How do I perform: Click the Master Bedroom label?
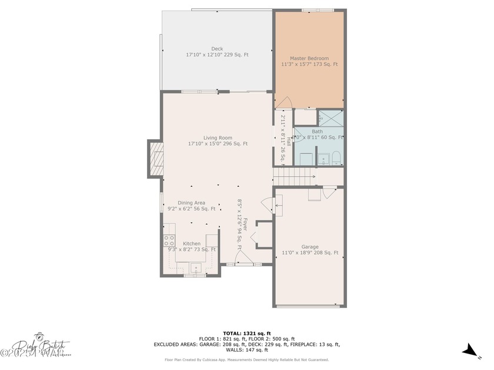[309, 61]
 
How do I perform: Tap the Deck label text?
[217, 52]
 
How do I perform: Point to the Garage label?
[310, 250]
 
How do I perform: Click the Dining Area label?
[191, 206]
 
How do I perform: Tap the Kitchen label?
[192, 246]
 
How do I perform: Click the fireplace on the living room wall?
[156, 159]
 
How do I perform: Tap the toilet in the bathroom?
[336, 157]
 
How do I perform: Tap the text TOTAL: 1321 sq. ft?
[246, 334]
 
